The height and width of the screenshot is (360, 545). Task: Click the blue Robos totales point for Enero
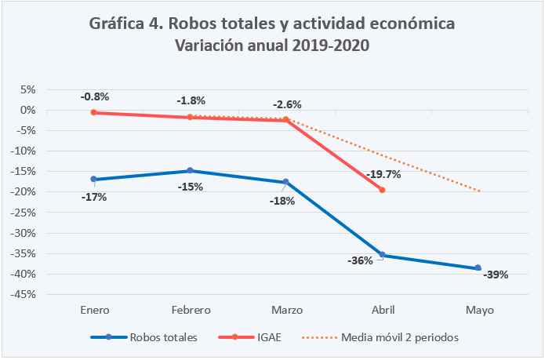click(x=94, y=180)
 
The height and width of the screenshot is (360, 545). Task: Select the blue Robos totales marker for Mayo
click(x=478, y=268)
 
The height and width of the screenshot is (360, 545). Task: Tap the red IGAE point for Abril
click(x=382, y=190)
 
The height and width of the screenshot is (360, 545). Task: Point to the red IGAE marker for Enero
click(x=94, y=112)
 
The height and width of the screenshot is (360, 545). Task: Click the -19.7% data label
click(x=383, y=175)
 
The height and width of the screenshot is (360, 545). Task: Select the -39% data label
click(x=496, y=275)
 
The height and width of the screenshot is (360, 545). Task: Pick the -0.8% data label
click(x=95, y=97)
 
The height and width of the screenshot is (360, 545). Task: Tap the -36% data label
click(x=359, y=261)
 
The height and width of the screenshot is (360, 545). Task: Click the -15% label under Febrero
click(x=191, y=187)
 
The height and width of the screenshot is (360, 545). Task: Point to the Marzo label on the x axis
click(x=286, y=310)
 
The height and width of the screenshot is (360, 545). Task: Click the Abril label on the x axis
click(x=383, y=310)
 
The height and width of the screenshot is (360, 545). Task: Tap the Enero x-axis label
click(x=94, y=310)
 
